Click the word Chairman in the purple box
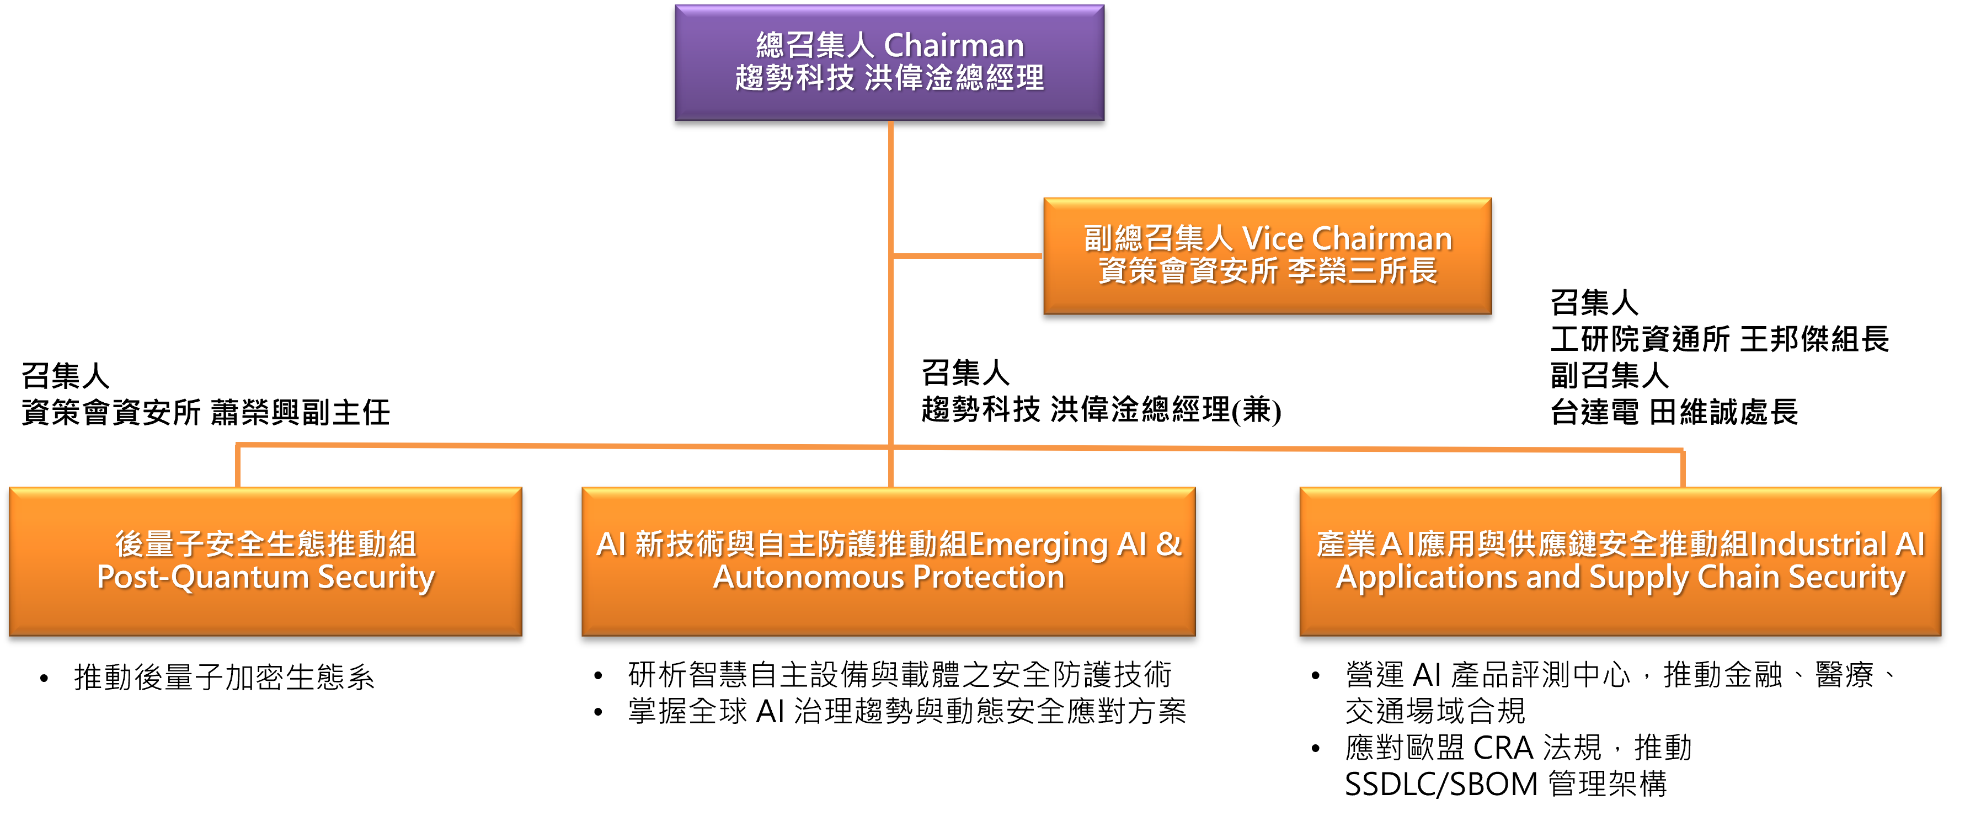tap(953, 46)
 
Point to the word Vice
tap(1272, 239)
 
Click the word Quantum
tap(239, 578)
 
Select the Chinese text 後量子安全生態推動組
tap(265, 544)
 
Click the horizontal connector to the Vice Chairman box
tap(967, 255)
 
